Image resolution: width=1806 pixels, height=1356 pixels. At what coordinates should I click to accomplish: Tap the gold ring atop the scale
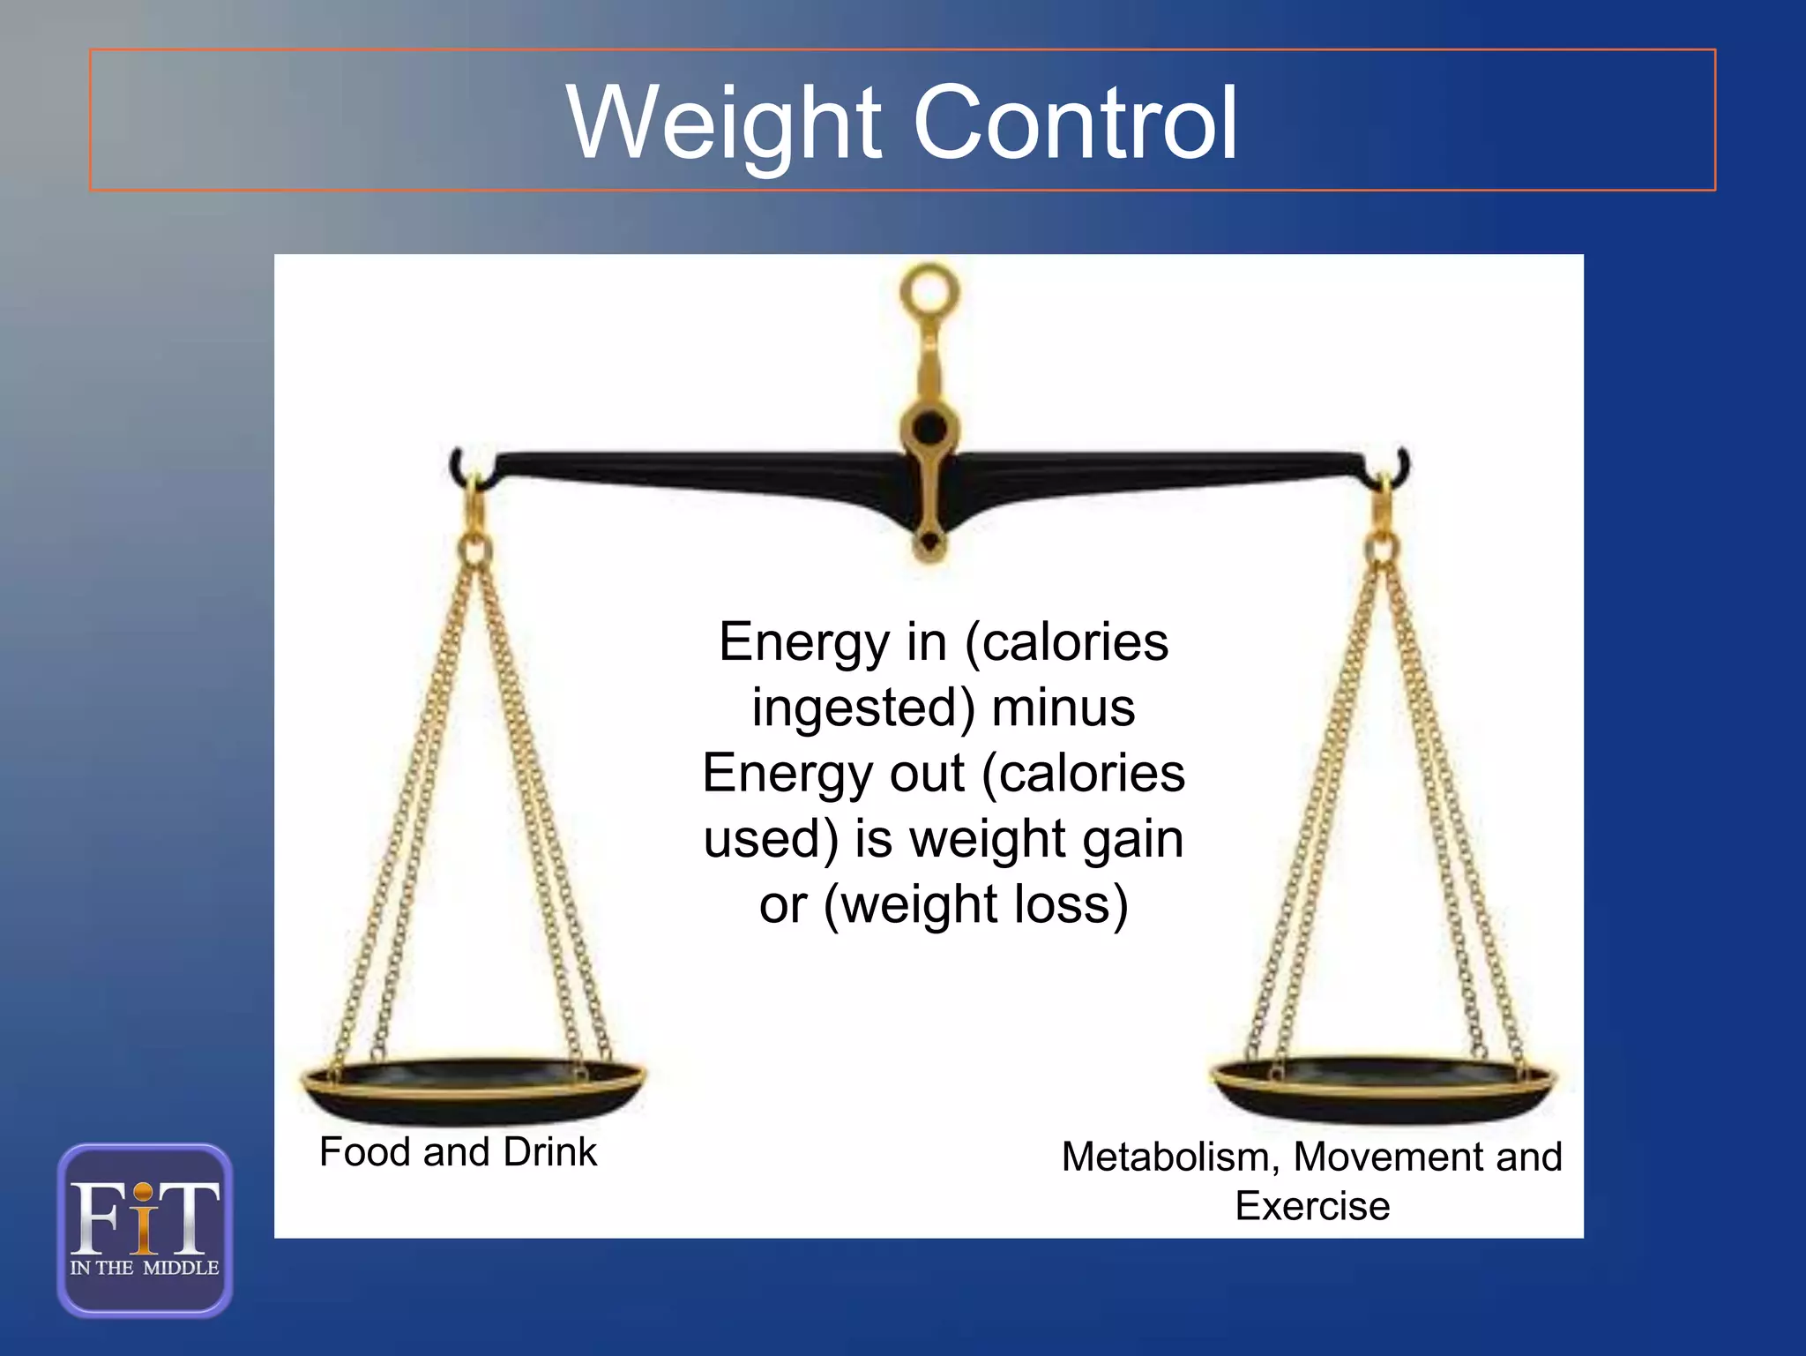(x=929, y=290)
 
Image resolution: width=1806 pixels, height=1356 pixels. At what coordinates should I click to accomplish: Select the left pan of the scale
(x=474, y=1091)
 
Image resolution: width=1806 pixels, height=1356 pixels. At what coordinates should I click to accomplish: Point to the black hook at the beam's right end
(x=1402, y=465)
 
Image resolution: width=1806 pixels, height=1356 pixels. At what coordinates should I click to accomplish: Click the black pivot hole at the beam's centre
(x=929, y=429)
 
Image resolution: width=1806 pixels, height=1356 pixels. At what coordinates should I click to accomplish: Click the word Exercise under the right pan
(x=1312, y=1206)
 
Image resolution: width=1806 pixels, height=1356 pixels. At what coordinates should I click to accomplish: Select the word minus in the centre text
(x=1063, y=708)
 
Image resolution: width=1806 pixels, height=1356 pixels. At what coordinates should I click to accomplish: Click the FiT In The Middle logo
(x=145, y=1230)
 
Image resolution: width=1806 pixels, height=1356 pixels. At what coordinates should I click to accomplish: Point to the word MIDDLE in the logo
(x=181, y=1268)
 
